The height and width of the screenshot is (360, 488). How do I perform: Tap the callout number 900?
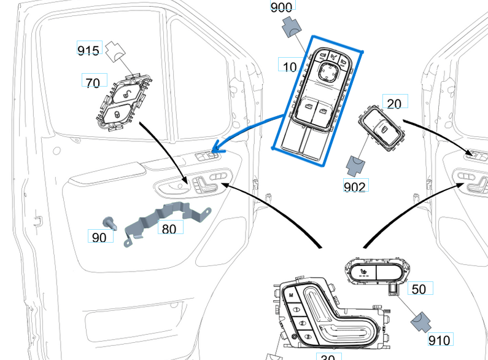282,7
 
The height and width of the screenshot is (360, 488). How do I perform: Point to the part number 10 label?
290,65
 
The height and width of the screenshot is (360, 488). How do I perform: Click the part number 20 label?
395,103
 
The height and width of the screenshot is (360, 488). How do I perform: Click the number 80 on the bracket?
170,229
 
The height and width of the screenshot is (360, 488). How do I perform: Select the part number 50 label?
419,289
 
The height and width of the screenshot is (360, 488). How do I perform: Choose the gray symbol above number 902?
355,163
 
